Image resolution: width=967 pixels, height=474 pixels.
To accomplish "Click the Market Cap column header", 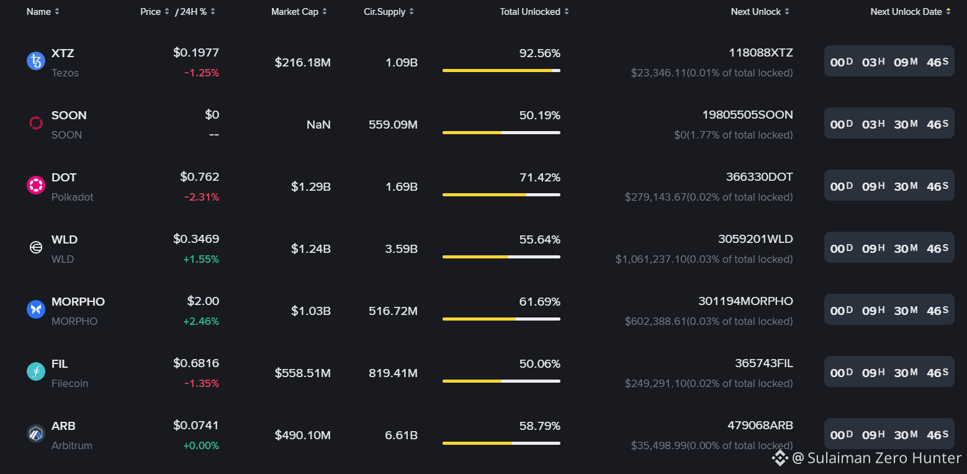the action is (x=294, y=12).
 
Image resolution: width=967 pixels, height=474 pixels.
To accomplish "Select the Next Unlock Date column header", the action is (x=906, y=12).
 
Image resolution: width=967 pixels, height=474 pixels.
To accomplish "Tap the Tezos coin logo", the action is (x=36, y=61).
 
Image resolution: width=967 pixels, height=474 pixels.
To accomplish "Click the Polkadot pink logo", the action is (x=36, y=185).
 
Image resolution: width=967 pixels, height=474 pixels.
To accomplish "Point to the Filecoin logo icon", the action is (x=36, y=371).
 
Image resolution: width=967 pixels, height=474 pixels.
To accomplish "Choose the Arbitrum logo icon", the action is (x=36, y=434).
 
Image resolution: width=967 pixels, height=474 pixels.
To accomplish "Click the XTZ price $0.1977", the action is (x=196, y=53).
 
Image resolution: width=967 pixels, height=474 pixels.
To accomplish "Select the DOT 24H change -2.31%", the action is (x=202, y=197).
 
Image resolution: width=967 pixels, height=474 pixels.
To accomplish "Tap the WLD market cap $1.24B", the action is (x=311, y=249).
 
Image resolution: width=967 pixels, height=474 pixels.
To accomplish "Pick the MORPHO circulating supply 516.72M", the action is (x=393, y=311).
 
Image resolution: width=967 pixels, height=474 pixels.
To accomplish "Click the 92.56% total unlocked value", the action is (x=539, y=53).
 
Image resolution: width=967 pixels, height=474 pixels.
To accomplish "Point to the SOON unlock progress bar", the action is (x=501, y=133).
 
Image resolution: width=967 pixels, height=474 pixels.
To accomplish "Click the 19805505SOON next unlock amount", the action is (x=748, y=115).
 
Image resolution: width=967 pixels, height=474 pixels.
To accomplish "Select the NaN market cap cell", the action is (x=318, y=125).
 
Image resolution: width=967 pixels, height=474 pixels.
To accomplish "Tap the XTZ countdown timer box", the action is (x=889, y=62).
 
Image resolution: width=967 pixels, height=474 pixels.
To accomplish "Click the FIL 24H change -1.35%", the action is (x=202, y=383).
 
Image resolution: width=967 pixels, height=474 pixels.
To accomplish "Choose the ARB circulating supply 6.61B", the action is (x=401, y=435).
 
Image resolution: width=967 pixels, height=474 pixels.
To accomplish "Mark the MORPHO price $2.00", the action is (x=203, y=301).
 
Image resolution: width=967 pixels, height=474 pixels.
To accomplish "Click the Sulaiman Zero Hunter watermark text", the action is (x=884, y=458).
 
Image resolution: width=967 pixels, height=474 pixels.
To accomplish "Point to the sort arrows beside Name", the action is (x=57, y=12).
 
